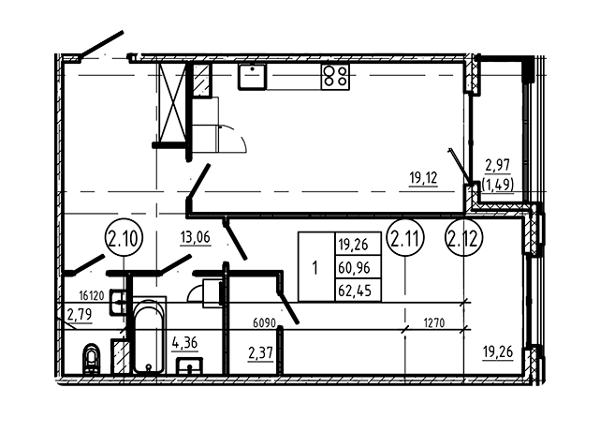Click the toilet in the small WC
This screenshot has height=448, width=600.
92,358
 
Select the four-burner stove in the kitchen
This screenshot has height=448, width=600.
335,76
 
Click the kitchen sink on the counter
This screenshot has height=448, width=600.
252,76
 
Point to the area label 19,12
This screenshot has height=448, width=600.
423,179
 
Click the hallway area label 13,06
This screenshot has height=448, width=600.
195,238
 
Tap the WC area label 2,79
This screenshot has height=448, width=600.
80,315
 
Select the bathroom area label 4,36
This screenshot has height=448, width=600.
184,343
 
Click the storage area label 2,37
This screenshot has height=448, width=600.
260,353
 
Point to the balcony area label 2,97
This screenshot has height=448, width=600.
497,166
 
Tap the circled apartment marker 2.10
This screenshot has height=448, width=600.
124,238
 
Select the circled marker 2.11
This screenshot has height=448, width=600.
405,238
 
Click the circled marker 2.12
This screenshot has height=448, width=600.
463,238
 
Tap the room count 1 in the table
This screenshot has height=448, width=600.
315,267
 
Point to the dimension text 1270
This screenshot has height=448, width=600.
434,323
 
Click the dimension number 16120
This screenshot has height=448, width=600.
92,295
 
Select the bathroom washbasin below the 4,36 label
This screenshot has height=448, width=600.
189,366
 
